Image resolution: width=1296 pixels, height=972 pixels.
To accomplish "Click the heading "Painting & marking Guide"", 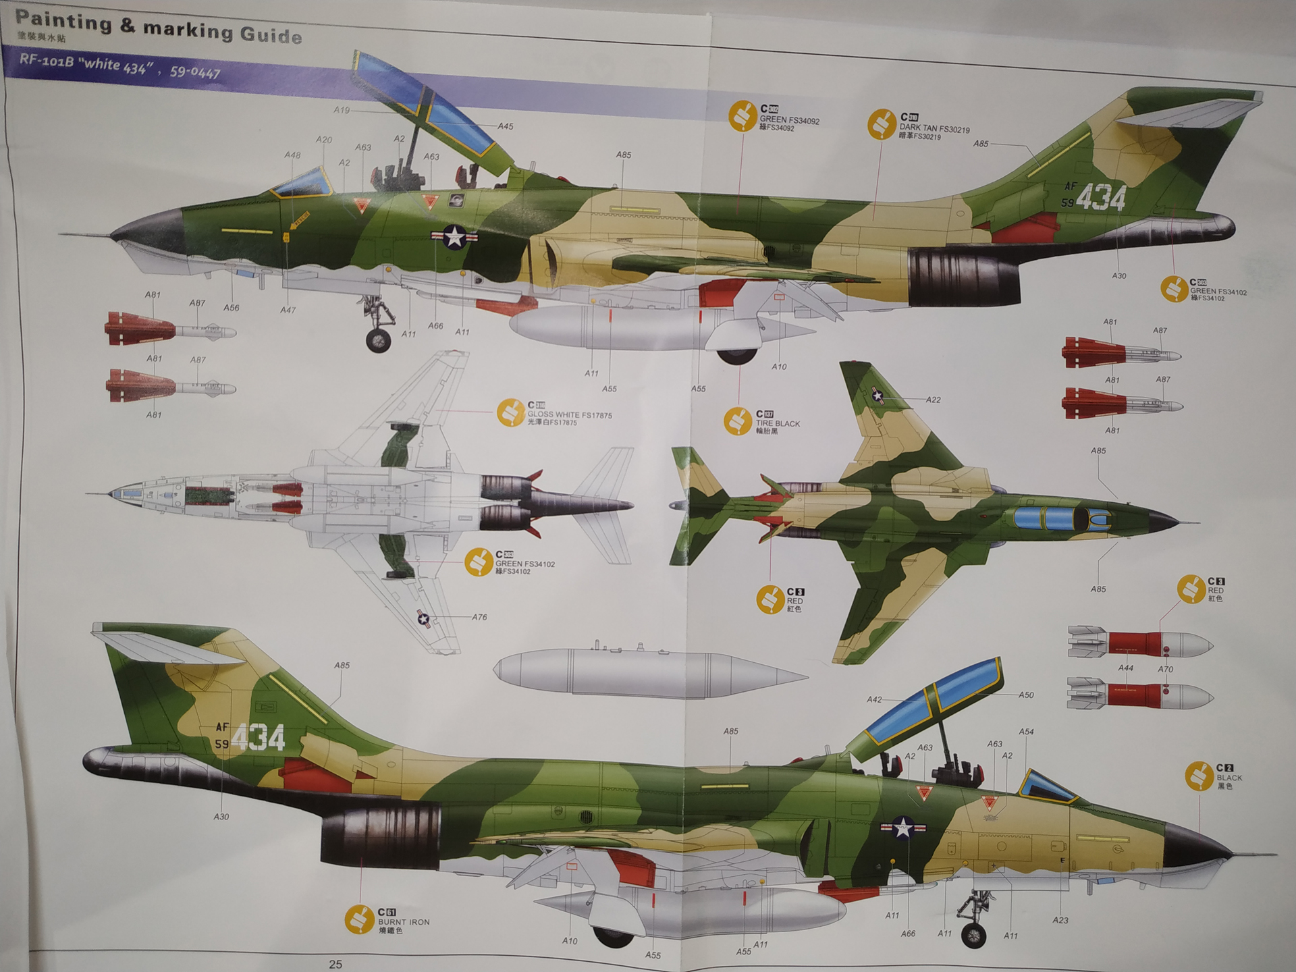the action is (158, 27).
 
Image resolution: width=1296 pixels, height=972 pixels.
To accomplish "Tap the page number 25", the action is (335, 963).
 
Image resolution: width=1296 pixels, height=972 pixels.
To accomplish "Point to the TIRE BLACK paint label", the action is (777, 423).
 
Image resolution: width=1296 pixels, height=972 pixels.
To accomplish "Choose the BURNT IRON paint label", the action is (403, 921).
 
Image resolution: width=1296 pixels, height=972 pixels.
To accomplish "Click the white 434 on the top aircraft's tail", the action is (1100, 198).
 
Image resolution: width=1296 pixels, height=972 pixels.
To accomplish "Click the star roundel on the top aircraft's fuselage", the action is (454, 236).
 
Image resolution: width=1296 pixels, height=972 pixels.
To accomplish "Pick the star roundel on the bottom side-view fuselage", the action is (903, 827).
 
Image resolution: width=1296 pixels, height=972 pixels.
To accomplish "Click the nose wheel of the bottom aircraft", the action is (973, 935).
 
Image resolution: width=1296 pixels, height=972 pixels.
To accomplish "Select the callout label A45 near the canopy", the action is (505, 126).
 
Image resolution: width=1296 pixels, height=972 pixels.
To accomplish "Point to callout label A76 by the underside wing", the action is (479, 617).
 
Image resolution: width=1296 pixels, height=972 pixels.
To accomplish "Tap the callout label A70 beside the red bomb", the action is (1165, 669).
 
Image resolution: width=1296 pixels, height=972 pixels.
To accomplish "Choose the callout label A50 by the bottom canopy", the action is (1025, 695).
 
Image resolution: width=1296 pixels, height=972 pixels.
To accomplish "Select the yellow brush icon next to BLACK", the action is (1199, 776).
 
